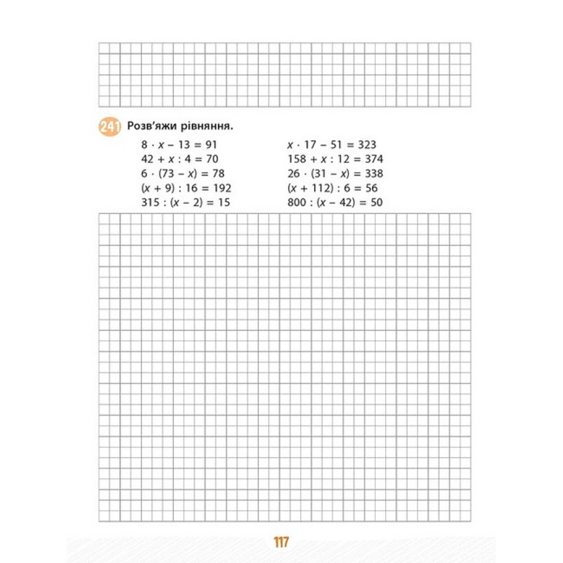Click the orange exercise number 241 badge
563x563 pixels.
(109, 127)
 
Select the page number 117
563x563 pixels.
(281, 543)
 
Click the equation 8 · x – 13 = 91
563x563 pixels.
(179, 145)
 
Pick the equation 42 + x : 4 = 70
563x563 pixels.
(180, 159)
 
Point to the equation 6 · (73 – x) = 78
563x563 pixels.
(183, 173)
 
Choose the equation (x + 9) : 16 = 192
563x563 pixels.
(186, 188)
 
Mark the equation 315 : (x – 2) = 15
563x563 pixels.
(186, 202)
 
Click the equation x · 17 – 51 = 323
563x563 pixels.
(332, 145)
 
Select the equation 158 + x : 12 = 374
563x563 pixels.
(335, 159)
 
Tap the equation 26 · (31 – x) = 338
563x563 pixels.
(335, 173)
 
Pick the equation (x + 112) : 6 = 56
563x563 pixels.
(332, 188)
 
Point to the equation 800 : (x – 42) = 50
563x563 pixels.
(335, 202)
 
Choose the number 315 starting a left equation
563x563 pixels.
(150, 202)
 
